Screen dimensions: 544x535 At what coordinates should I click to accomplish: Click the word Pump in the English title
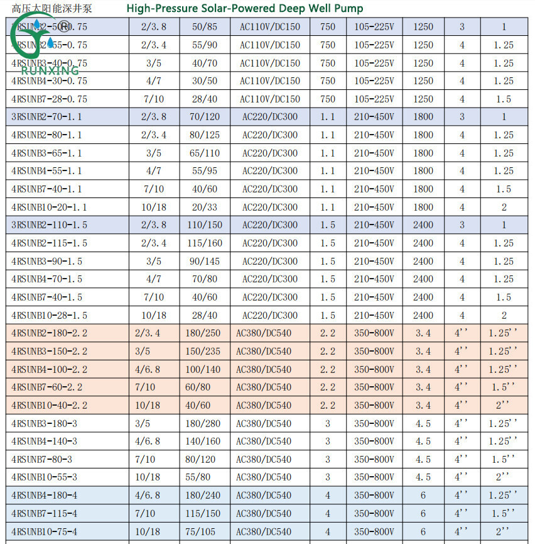click(x=349, y=8)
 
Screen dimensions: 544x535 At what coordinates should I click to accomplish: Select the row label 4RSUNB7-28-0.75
click(x=50, y=99)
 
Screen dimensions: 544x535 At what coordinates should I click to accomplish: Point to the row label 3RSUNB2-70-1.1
click(x=47, y=117)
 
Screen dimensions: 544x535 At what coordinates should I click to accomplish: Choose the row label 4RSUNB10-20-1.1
click(x=50, y=207)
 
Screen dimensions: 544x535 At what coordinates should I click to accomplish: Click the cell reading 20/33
click(x=205, y=207)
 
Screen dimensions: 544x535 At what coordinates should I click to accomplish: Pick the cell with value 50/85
click(x=205, y=27)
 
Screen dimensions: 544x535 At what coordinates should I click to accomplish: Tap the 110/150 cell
click(x=205, y=225)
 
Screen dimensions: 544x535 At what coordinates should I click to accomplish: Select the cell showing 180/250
click(x=205, y=333)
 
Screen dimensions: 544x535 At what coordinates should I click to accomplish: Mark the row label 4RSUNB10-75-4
click(x=45, y=531)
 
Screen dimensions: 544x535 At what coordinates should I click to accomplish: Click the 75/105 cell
click(x=205, y=531)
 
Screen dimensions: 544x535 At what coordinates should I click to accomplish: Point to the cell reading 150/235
click(x=205, y=351)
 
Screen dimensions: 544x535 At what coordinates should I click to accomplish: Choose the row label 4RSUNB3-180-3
click(x=45, y=423)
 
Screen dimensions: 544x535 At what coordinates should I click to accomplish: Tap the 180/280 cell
click(x=205, y=423)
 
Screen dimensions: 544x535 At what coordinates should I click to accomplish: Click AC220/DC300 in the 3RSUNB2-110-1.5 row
click(x=270, y=225)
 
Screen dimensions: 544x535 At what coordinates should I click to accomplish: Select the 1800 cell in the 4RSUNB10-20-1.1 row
click(x=423, y=207)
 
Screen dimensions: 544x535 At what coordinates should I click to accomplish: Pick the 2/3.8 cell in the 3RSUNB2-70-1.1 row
click(x=154, y=117)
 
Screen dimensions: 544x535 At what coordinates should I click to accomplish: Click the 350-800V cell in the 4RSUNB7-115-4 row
click(x=374, y=513)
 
